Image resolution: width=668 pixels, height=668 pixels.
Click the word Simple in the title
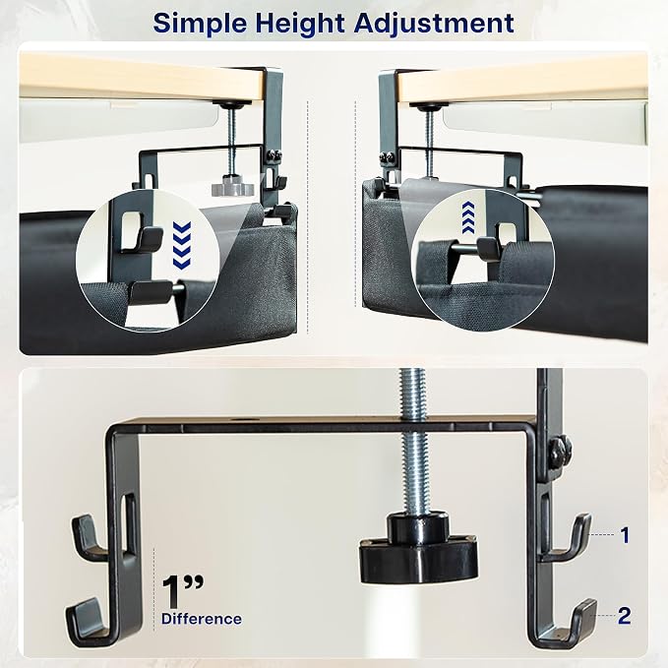click(200, 24)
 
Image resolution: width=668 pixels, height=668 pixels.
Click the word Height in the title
click(300, 24)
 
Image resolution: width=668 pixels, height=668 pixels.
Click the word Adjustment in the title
click(434, 23)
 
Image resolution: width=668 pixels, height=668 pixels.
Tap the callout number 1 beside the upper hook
click(625, 535)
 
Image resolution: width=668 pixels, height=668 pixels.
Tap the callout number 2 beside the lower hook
click(624, 616)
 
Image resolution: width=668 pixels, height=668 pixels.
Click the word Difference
click(202, 619)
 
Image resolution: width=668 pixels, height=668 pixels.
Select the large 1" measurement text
click(182, 591)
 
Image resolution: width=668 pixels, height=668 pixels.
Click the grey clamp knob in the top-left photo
click(232, 187)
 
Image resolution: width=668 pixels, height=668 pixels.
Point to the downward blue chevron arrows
click(182, 245)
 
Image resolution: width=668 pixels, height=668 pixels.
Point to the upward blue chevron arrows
click(468, 217)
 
